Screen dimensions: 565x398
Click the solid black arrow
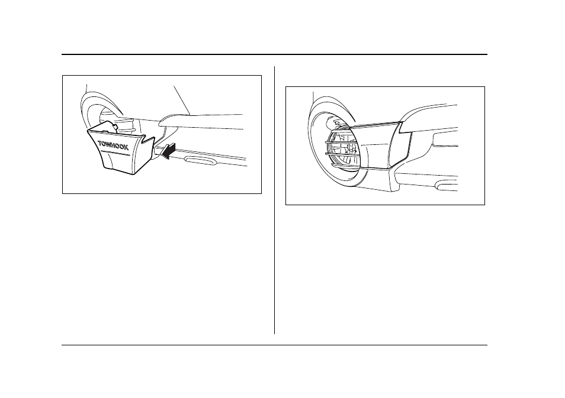pos(168,150)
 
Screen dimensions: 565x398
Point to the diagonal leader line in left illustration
pos(182,100)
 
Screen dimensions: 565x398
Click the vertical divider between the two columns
pos(275,200)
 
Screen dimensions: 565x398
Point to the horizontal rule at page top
pos(274,54)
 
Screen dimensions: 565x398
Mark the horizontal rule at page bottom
pos(274,345)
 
